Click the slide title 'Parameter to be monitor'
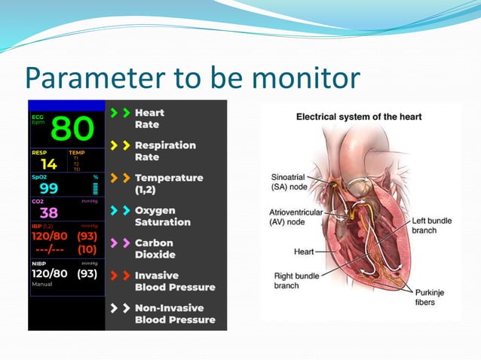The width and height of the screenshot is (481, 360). tap(192, 78)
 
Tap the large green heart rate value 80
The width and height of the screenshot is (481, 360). tap(72, 129)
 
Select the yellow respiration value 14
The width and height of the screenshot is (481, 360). tap(48, 163)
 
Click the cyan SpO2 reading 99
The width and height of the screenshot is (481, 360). tap(48, 188)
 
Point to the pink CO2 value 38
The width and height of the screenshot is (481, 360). tap(48, 213)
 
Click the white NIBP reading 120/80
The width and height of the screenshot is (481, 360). tap(51, 274)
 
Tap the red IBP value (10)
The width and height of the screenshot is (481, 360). tap(87, 249)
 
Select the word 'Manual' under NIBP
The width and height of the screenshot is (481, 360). tap(41, 285)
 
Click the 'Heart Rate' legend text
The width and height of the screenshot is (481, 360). tap(149, 118)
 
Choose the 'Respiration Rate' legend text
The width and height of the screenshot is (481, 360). tap(164, 151)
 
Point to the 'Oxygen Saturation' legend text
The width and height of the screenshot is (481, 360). tap(162, 216)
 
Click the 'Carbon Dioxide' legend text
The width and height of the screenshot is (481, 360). tap(155, 249)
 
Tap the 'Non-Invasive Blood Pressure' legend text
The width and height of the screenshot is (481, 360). tap(174, 313)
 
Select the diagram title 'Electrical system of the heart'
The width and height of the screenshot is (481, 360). tap(358, 117)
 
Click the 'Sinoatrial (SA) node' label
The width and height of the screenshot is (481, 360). tap(288, 182)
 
